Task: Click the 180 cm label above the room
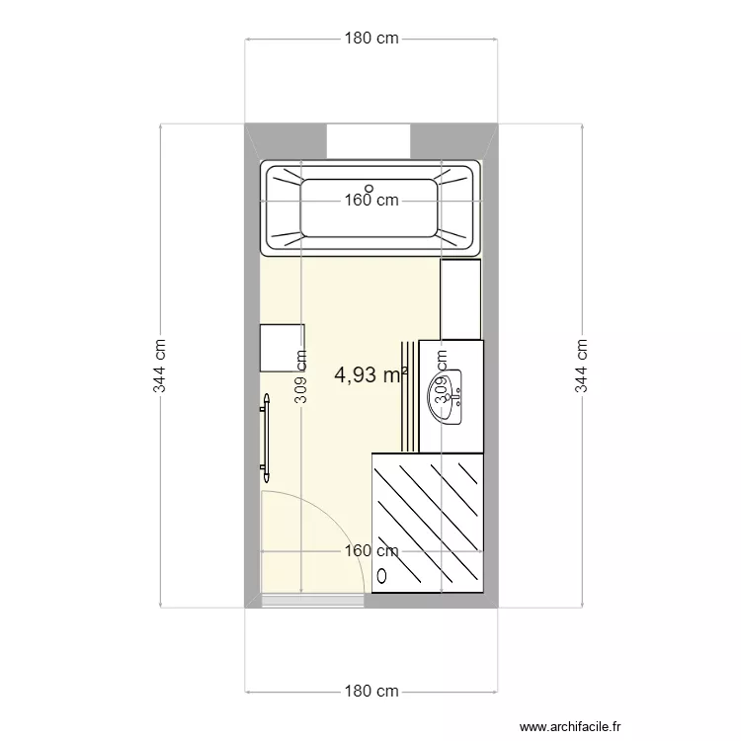(371, 39)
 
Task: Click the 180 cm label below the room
(371, 691)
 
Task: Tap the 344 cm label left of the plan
(159, 366)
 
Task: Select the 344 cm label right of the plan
(582, 366)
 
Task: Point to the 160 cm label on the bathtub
(371, 200)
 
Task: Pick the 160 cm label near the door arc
(371, 551)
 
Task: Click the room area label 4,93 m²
(371, 374)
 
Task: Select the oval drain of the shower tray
(383, 574)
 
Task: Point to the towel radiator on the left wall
(264, 435)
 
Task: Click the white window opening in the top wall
(370, 140)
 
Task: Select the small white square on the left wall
(282, 348)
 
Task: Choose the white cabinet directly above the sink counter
(460, 297)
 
